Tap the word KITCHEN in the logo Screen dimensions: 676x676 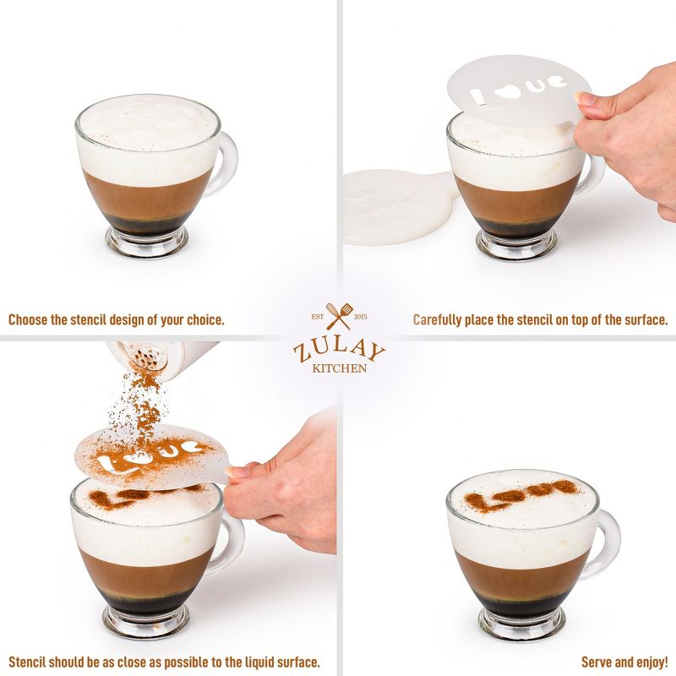[x=338, y=368]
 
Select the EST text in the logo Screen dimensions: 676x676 [x=317, y=316]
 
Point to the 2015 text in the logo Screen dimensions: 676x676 [x=359, y=316]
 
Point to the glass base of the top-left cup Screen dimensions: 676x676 [x=146, y=242]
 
